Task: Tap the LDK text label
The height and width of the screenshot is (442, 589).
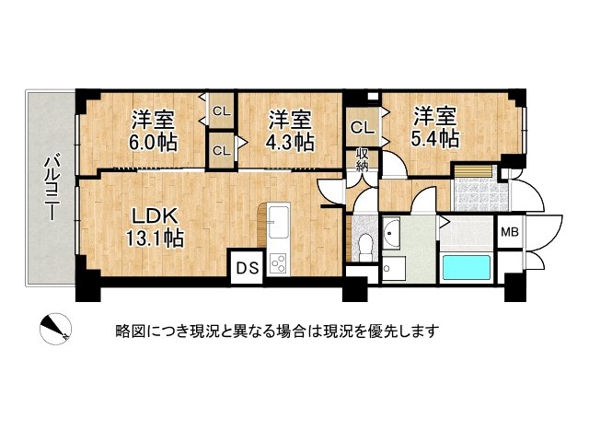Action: [x=153, y=216]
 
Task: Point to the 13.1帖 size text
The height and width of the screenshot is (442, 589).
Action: [x=155, y=238]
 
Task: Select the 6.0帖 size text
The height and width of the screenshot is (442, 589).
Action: [x=154, y=143]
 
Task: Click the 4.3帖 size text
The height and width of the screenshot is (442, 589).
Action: [x=291, y=143]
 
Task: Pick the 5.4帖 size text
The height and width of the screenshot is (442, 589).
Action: [x=435, y=139]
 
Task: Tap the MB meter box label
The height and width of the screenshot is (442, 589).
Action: [x=509, y=233]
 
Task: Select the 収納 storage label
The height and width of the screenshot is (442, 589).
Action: [x=364, y=160]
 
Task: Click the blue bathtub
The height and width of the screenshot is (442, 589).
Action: [x=469, y=267]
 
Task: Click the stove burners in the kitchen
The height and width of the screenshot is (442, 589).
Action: [x=279, y=262]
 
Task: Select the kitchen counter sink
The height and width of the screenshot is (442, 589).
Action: [x=280, y=217]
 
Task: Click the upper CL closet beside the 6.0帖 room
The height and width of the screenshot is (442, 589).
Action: [x=221, y=111]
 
